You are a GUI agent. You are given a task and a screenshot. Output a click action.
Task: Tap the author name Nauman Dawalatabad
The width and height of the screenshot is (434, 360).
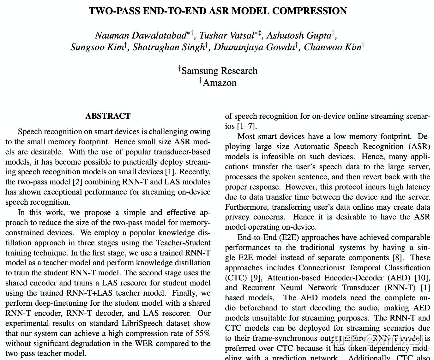(141, 35)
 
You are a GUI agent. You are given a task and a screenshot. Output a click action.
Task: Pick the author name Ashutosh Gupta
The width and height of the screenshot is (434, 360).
(299, 35)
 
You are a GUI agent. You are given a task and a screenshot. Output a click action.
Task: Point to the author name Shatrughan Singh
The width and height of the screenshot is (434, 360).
(169, 47)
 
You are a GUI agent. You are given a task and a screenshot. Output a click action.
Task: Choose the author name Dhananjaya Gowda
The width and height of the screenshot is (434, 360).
(254, 47)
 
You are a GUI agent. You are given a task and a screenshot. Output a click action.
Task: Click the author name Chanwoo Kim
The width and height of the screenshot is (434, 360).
(332, 47)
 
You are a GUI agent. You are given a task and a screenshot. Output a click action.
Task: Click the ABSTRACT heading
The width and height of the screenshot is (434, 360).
(108, 116)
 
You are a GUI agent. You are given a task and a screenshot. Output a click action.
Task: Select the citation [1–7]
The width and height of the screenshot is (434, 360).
(246, 126)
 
